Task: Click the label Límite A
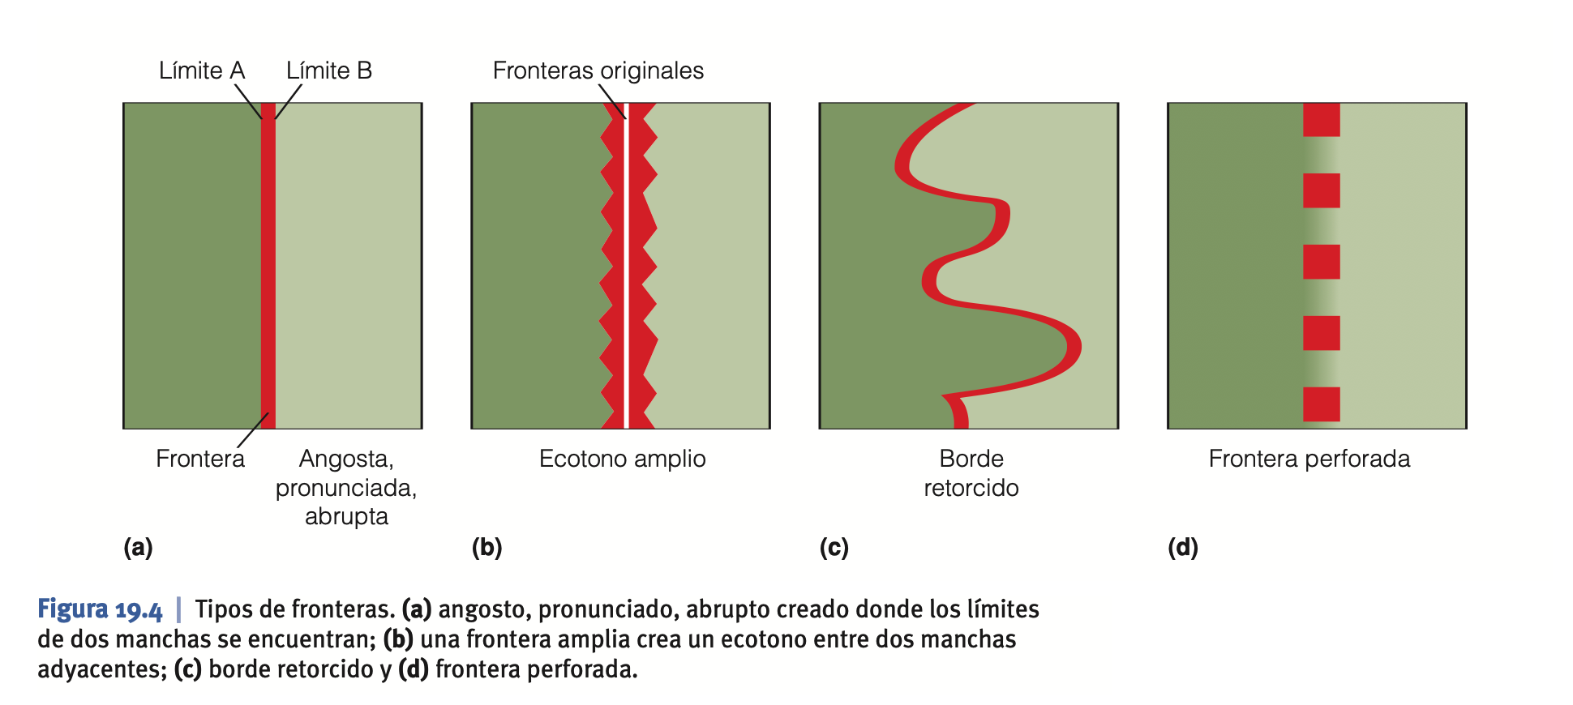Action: (x=201, y=71)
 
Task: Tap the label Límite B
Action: (x=328, y=71)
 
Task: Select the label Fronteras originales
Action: (x=598, y=71)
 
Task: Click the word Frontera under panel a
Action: (x=199, y=459)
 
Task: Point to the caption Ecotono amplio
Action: (x=622, y=459)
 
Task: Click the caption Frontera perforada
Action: (x=1309, y=459)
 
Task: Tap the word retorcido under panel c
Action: (x=971, y=488)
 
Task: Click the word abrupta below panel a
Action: (x=346, y=516)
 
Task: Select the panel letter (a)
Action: (x=138, y=548)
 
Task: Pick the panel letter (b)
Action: (x=486, y=548)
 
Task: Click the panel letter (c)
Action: (x=834, y=548)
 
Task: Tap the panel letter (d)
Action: (x=1182, y=548)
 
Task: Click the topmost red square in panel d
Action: (x=1321, y=120)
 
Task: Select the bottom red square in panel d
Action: (x=1321, y=404)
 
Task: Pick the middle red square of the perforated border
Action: (x=1321, y=262)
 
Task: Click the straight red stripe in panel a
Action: (x=268, y=267)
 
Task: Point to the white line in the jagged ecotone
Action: (x=626, y=267)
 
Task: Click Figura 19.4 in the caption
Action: (x=100, y=609)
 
